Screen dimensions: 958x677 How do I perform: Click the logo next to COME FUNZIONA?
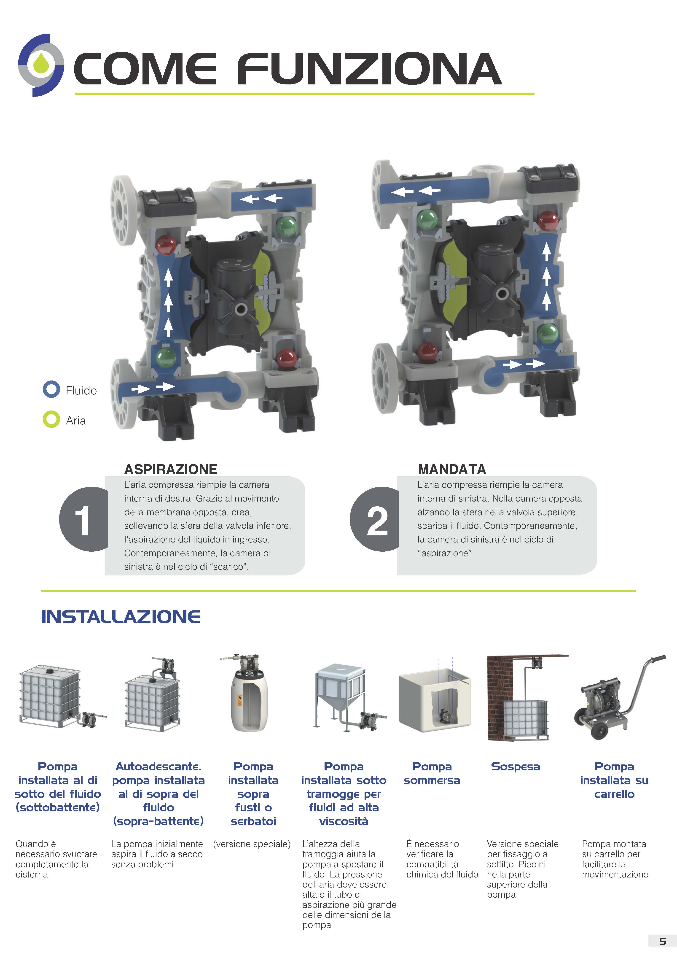[41, 65]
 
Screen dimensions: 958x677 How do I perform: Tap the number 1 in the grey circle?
[83, 520]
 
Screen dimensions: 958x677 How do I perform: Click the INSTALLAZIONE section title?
[121, 617]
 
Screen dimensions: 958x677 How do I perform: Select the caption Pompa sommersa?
[432, 774]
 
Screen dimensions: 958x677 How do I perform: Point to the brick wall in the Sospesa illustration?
[495, 697]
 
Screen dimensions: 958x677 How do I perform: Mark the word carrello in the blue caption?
[614, 794]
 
